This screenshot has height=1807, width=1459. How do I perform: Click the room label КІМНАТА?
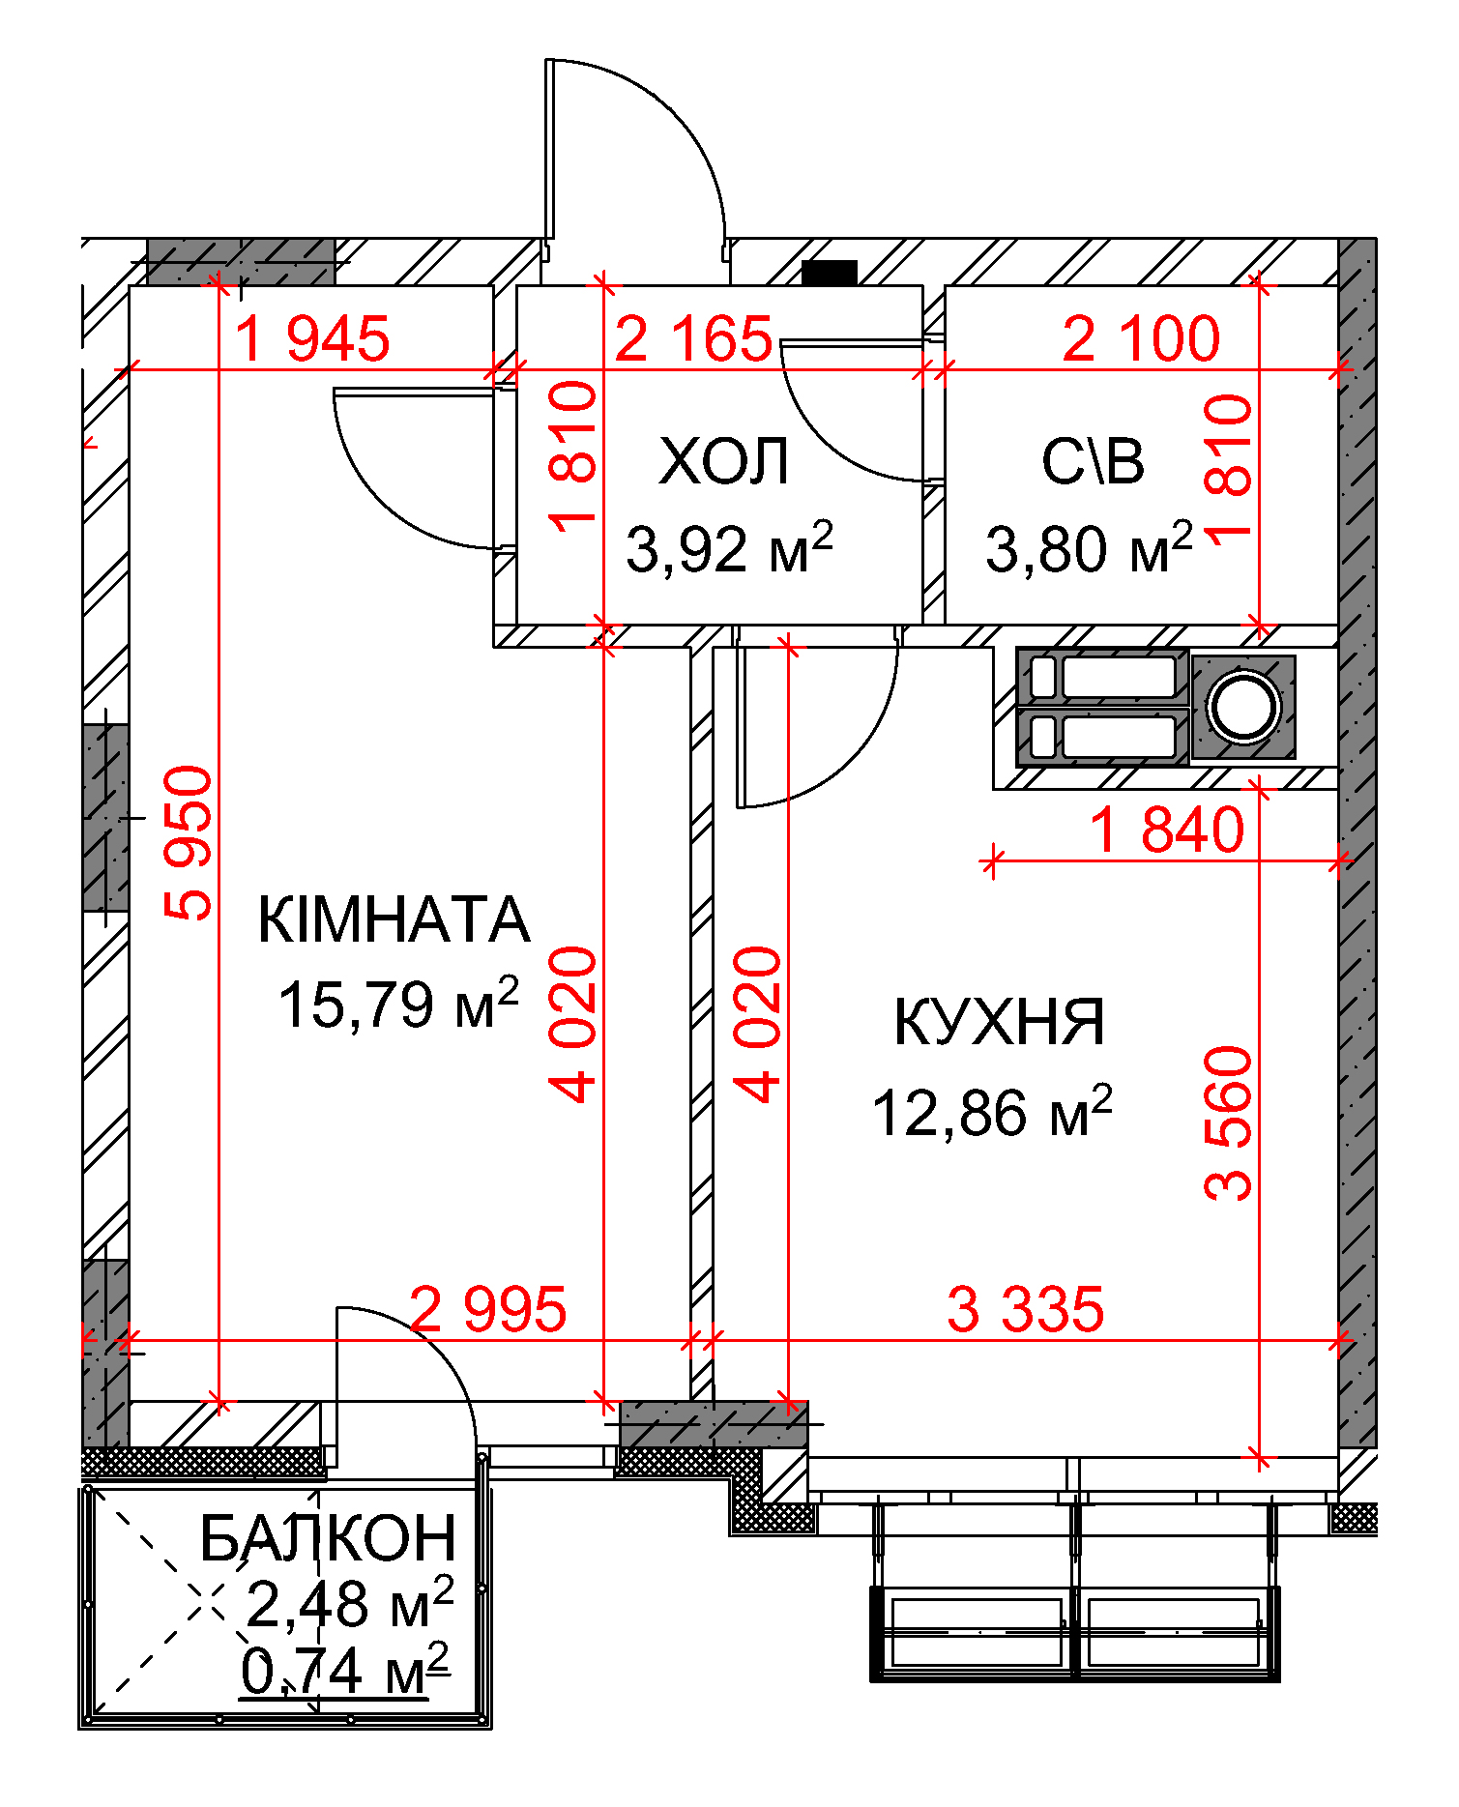tap(394, 919)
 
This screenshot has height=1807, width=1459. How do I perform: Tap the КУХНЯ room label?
tap(999, 1022)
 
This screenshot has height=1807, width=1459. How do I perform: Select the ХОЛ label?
tap(724, 462)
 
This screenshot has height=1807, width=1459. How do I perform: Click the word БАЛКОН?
tap(328, 1538)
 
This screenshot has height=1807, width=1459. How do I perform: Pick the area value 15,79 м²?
tap(398, 1003)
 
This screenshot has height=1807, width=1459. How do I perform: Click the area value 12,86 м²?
tap(992, 1111)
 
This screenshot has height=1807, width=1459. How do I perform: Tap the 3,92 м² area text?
tap(729, 547)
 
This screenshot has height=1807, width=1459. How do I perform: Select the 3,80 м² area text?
tap(1089, 547)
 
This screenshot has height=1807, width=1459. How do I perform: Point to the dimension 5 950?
tap(189, 843)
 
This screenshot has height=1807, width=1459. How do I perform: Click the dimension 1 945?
tap(312, 339)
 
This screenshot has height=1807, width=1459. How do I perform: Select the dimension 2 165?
tap(693, 339)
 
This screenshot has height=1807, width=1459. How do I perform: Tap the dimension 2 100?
tap(1141, 339)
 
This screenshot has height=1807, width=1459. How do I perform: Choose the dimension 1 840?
tap(1167, 831)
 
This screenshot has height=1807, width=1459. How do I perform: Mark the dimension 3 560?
tap(1228, 1123)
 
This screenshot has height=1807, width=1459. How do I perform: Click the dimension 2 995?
tap(488, 1310)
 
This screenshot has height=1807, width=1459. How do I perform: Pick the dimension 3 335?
tap(1026, 1310)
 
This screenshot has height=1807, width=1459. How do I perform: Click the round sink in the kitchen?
tap(1244, 706)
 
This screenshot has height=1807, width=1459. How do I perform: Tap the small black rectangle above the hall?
tap(830, 273)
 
